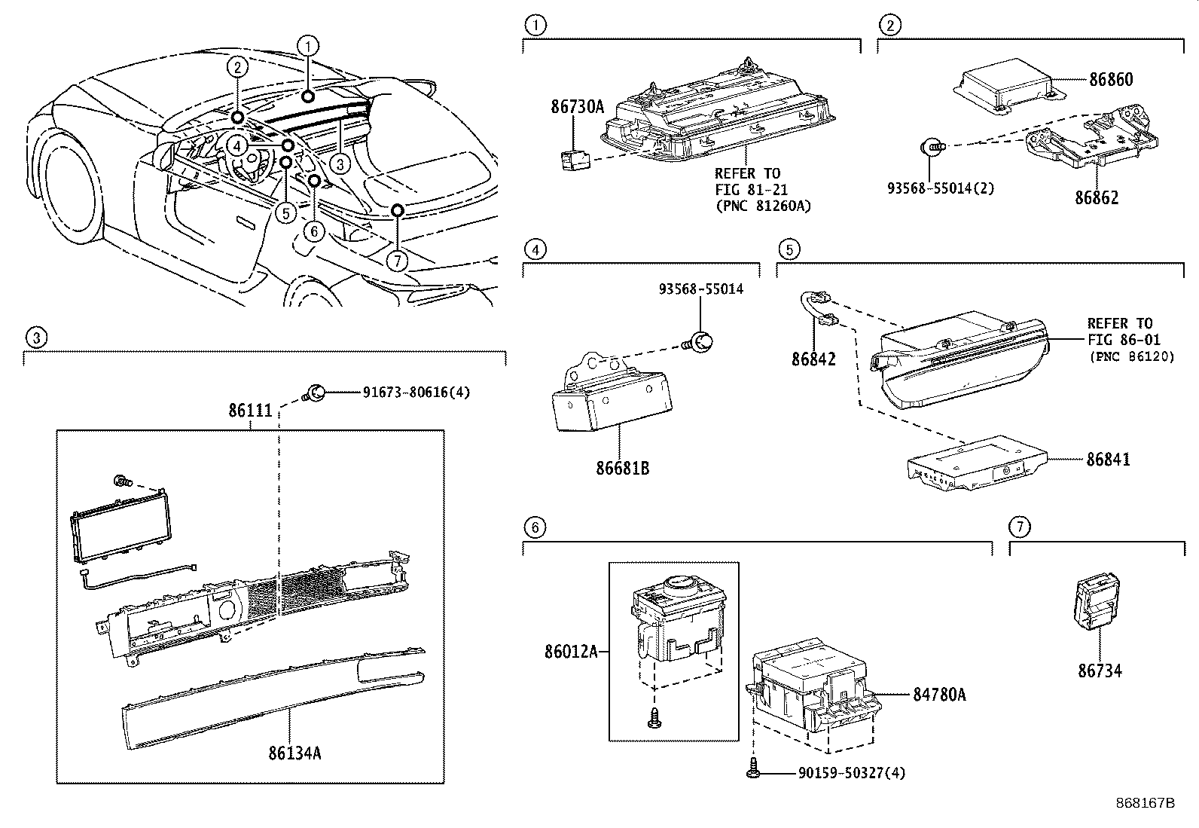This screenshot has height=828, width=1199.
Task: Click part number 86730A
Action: [577, 107]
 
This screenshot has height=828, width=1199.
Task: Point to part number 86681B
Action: [622, 468]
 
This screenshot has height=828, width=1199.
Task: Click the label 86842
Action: [813, 360]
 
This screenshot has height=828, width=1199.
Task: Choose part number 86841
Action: [1107, 460]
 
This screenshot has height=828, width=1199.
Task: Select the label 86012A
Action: [571, 651]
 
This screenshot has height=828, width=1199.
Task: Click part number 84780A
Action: [939, 695]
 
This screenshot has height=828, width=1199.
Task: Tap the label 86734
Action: [1099, 670]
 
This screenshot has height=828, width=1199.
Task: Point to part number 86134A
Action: [295, 752]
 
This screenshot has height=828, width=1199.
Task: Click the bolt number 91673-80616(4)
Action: [416, 393]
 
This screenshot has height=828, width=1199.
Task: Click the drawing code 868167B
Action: [1145, 803]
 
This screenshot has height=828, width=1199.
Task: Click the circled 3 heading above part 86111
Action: [35, 338]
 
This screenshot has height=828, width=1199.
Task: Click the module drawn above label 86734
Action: [1096, 600]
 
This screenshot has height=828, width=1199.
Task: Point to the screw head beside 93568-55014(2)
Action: [932, 148]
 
